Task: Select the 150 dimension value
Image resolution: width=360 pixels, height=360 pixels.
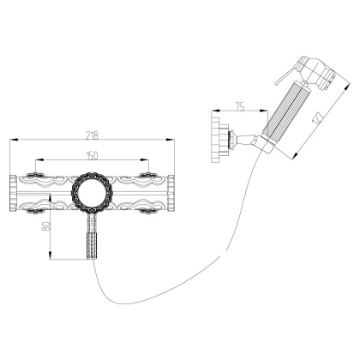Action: tap(93, 154)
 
